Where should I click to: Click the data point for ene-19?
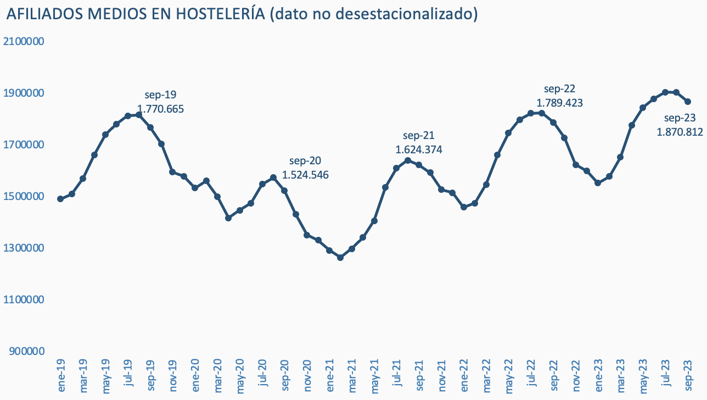coord(60,199)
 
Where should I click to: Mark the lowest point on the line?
coord(340,257)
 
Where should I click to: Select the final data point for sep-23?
coord(688,102)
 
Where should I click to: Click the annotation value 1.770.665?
coord(160,109)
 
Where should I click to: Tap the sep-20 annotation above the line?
coord(305,161)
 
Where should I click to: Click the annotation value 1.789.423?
coord(559,103)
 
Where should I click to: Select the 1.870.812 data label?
coord(680,131)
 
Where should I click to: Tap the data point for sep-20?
coord(284,191)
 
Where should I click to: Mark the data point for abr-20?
coord(228,218)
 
